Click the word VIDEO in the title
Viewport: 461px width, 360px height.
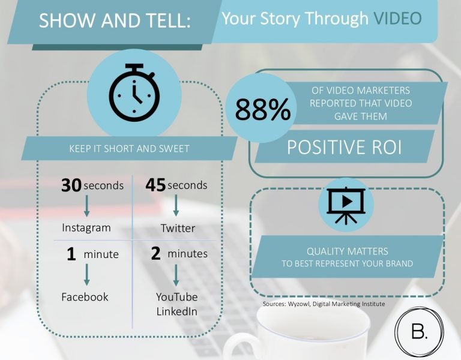click(398, 18)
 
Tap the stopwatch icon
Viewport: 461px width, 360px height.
click(134, 92)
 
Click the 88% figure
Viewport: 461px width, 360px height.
click(262, 110)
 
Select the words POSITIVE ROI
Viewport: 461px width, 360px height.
click(344, 147)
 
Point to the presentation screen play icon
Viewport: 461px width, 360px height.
click(346, 205)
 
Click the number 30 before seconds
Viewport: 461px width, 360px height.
click(71, 185)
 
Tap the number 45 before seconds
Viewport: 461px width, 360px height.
click(155, 185)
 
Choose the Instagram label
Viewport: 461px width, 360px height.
click(86, 228)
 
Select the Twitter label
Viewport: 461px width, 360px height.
click(178, 228)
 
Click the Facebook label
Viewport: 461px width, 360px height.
click(85, 297)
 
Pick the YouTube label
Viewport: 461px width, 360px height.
click(176, 297)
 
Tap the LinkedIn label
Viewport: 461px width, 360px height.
click(176, 311)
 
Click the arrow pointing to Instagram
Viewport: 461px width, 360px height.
click(86, 206)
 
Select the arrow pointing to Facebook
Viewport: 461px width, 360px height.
click(86, 274)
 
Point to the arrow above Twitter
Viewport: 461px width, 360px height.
click(176, 205)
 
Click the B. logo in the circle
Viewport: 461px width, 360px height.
click(419, 332)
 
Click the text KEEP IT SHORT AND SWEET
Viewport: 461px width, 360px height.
click(129, 149)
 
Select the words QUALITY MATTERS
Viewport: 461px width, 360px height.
click(347, 251)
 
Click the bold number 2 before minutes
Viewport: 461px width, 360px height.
click(155, 254)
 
